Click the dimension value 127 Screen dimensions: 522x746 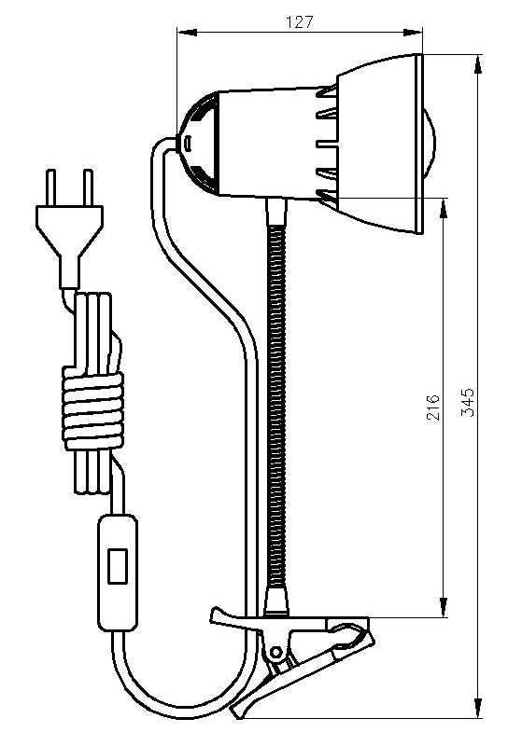[x=300, y=22]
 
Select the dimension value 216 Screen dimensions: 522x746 [x=433, y=407]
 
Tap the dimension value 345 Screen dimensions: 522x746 [x=469, y=403]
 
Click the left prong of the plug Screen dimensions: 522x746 [x=50, y=187]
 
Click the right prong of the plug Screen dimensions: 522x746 [x=88, y=187]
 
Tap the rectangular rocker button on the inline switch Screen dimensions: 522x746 [x=118, y=566]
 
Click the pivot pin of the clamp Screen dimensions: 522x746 [x=275, y=651]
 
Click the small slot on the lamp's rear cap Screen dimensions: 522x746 [x=188, y=143]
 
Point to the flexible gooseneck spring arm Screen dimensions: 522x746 [x=276, y=406]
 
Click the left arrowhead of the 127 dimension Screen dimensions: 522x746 [x=187, y=33]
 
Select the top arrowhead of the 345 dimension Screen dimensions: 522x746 [x=478, y=64]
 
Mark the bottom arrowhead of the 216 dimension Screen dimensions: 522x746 [x=444, y=608]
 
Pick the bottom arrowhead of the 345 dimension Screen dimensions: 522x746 [x=478, y=708]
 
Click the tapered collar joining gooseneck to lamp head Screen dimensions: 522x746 [x=277, y=212]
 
